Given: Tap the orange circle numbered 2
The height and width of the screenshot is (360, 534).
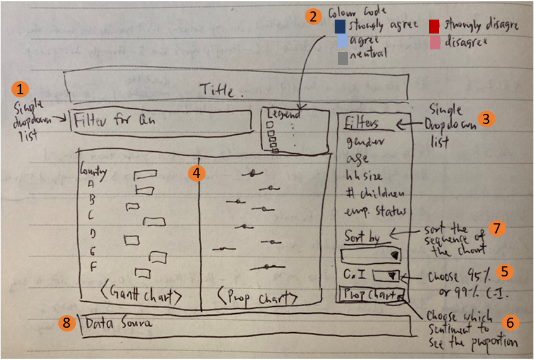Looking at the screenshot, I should pos(312,17).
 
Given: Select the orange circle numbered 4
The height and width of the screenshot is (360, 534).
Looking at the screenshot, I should pos(198,173).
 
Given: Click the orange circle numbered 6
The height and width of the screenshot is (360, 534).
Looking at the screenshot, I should pos(510,322).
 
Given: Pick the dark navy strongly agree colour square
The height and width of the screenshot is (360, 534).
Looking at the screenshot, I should pos(340,26).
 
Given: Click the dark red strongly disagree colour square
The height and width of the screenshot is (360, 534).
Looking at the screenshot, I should pos(434,26).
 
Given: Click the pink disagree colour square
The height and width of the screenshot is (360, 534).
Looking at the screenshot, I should pos(434,42).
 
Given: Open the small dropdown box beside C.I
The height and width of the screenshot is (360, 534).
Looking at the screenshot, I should pos(385,275).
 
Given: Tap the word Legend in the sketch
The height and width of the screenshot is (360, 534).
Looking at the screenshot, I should pos(283,115).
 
